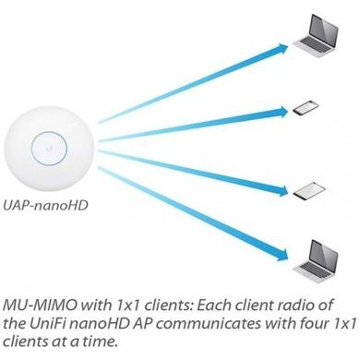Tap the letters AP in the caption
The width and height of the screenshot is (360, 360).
click(138, 320)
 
